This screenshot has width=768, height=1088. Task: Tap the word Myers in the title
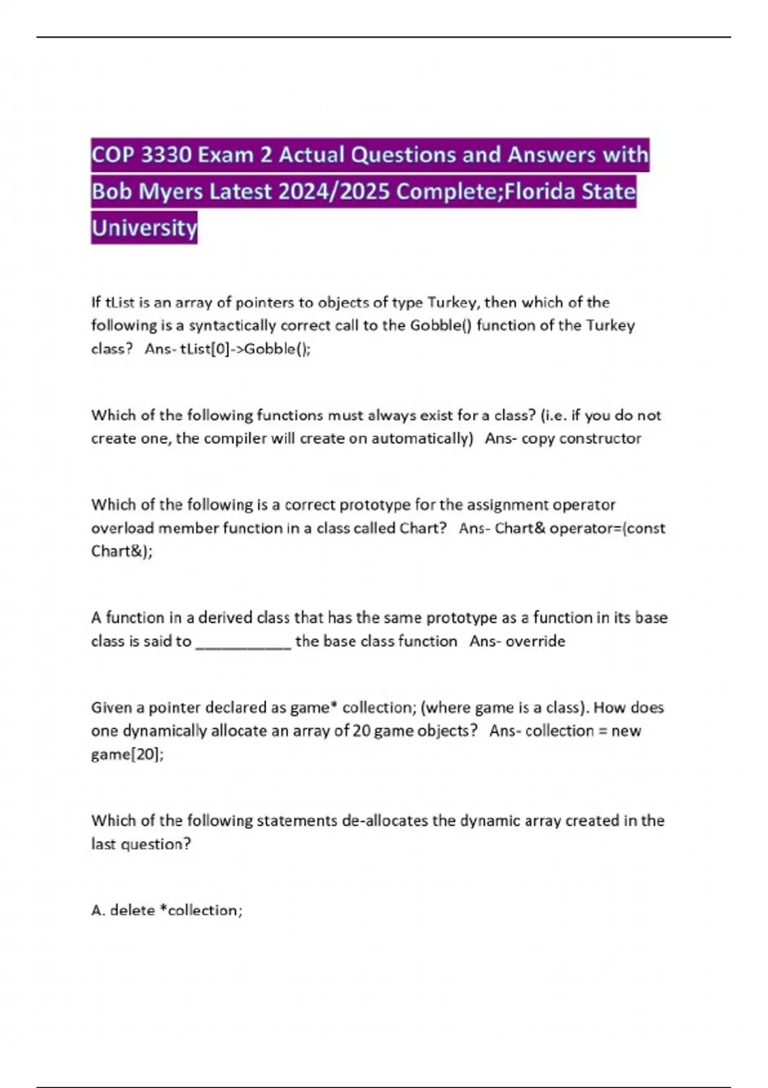(x=169, y=191)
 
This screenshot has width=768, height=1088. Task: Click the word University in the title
(x=145, y=228)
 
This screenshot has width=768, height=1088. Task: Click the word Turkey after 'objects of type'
(x=453, y=302)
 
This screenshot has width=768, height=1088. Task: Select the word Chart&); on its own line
(x=122, y=551)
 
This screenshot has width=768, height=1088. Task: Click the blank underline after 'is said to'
(x=243, y=641)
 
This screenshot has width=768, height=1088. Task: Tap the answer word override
(x=535, y=641)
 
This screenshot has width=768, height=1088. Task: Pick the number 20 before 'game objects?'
(x=361, y=731)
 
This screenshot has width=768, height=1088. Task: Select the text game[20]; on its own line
(x=127, y=755)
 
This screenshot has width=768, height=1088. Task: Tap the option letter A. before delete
(x=98, y=910)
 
